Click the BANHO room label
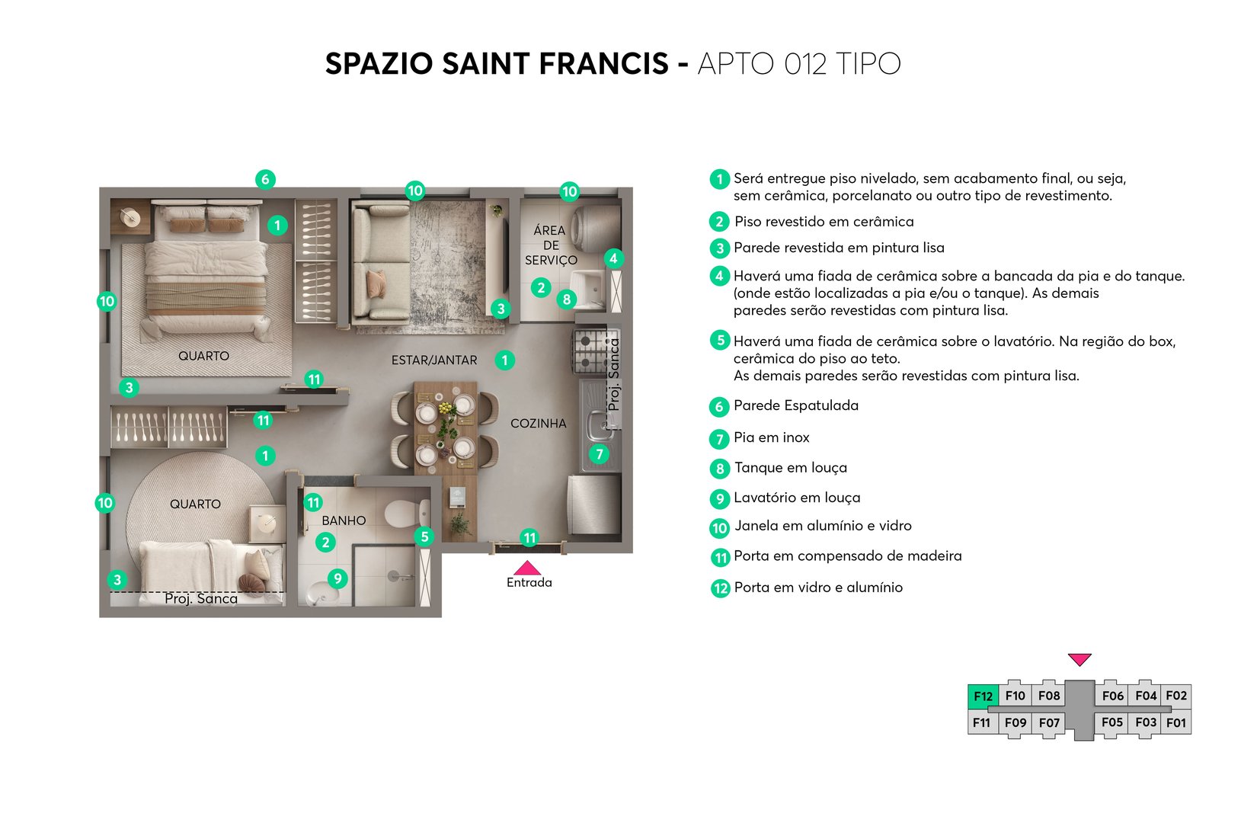344,520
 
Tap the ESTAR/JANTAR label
434,360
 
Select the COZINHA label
538,423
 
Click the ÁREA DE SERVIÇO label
550,245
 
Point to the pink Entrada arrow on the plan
527,568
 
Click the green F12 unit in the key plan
983,696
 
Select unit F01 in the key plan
1176,722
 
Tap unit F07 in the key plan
1049,722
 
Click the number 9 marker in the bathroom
337,578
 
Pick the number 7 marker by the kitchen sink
600,454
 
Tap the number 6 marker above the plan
265,179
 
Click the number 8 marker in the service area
566,299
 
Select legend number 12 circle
720,588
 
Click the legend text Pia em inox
771,437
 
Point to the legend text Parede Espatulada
795,405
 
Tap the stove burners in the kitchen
590,349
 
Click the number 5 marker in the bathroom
425,536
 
